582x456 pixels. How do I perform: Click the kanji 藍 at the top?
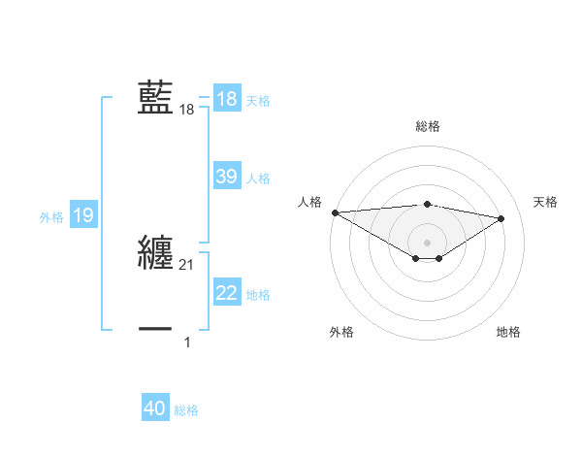pos(155,99)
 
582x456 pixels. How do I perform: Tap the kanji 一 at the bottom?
pos(155,330)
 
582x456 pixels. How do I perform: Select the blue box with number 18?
pos(227,99)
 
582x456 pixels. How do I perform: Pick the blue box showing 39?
pos(227,177)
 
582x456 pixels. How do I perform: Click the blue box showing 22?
pos(227,293)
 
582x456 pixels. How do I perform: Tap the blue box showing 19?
pos(83,215)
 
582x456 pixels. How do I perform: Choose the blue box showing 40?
pos(155,408)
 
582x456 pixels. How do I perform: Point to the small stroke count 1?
pos(187,342)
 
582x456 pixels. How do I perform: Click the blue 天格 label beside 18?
pos(258,100)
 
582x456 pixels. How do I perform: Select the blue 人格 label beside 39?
pos(258,179)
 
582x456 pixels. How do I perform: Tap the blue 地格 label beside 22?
pos(258,295)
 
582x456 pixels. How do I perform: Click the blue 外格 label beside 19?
pos(51,217)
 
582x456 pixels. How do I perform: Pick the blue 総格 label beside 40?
pos(186,410)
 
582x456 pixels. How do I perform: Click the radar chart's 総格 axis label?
pos(428,126)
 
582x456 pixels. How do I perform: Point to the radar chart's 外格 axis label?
pos(341,332)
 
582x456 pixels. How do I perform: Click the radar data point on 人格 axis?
pos(335,212)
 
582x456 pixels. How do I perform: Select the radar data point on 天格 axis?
pos(501,218)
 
